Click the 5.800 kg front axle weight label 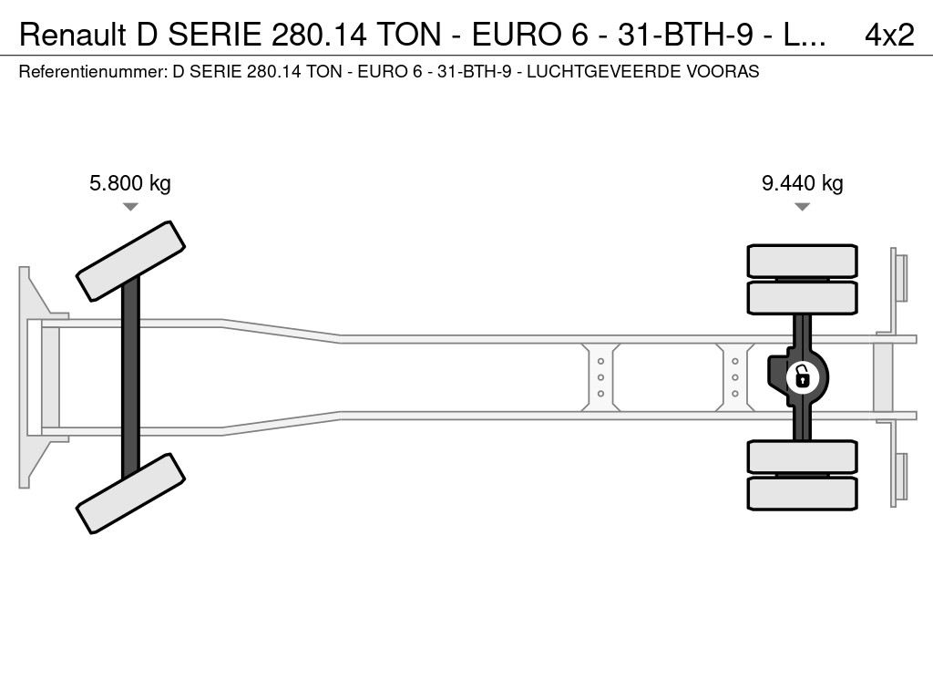(129, 182)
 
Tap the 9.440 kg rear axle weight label (802, 182)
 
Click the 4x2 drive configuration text (889, 36)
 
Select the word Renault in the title (73, 36)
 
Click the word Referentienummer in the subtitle (93, 71)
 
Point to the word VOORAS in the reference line (723, 71)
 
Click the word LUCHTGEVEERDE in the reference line (604, 71)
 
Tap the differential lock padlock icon (802, 377)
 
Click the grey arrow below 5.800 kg (130, 207)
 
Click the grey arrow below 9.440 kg (802, 207)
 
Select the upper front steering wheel (131, 262)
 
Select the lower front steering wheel (131, 493)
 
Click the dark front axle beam (130, 377)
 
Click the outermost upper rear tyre (802, 261)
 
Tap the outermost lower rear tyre (802, 493)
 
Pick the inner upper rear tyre (802, 298)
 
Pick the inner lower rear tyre (802, 457)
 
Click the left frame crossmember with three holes (600, 377)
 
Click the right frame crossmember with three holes (735, 377)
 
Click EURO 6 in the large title (530, 36)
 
